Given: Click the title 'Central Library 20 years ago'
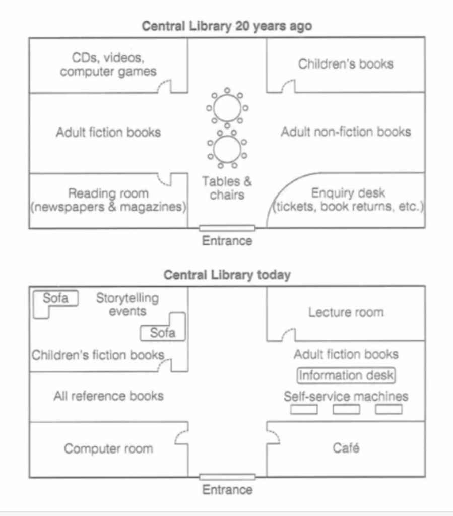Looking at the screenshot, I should (227, 26).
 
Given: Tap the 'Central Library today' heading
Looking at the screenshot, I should (227, 275).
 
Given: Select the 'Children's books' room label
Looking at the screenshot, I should (345, 64).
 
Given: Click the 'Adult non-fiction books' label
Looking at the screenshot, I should (346, 132).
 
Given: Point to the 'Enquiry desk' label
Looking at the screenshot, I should (348, 193).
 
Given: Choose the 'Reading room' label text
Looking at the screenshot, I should (108, 193).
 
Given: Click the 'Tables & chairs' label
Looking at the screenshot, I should (227, 187).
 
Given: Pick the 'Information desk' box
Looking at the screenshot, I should (346, 375).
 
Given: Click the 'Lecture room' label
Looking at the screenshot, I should (346, 312).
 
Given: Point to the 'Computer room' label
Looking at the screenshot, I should (108, 448).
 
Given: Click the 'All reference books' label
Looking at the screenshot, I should (108, 396).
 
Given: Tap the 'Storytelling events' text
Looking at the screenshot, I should (127, 304).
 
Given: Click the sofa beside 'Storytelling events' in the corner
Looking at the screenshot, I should (55, 299).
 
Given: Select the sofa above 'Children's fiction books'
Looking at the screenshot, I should (163, 333).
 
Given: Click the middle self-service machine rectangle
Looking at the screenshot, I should (346, 409).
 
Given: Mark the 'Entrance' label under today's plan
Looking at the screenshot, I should (227, 489).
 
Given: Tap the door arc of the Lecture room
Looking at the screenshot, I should (288, 333).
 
